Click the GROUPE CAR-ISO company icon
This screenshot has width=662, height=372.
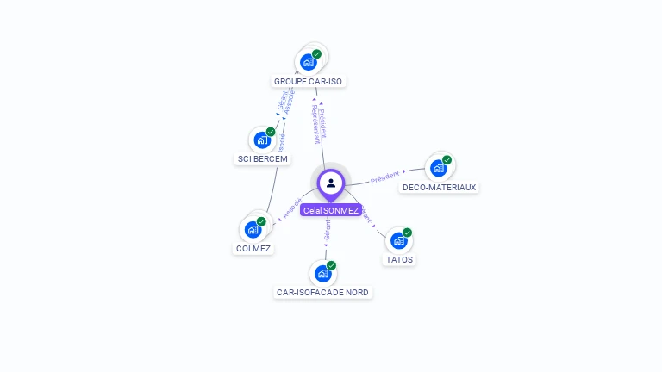tap(308, 62)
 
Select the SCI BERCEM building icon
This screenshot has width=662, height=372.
tap(262, 140)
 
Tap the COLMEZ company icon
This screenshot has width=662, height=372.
tap(253, 229)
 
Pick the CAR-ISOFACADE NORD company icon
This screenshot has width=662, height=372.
tap(322, 274)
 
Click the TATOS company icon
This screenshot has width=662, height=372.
tap(398, 240)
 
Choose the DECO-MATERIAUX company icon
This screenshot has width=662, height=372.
tap(438, 167)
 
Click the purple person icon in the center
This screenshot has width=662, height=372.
tap(331, 183)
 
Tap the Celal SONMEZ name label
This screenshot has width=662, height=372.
tap(331, 210)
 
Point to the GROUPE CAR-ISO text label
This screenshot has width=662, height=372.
tap(308, 82)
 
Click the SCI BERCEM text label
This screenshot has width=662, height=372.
tap(263, 159)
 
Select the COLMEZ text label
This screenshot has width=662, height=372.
tap(253, 249)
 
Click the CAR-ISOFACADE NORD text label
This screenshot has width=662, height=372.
tap(322, 293)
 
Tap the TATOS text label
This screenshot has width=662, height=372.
tap(399, 259)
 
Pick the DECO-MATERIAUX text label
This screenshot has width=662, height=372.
tap(439, 187)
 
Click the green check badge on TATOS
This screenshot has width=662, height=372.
tap(408, 232)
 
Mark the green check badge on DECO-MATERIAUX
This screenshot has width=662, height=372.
tap(447, 159)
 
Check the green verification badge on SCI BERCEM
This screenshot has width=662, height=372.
tap(271, 132)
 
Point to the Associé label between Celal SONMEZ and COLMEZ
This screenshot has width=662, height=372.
tap(291, 209)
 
